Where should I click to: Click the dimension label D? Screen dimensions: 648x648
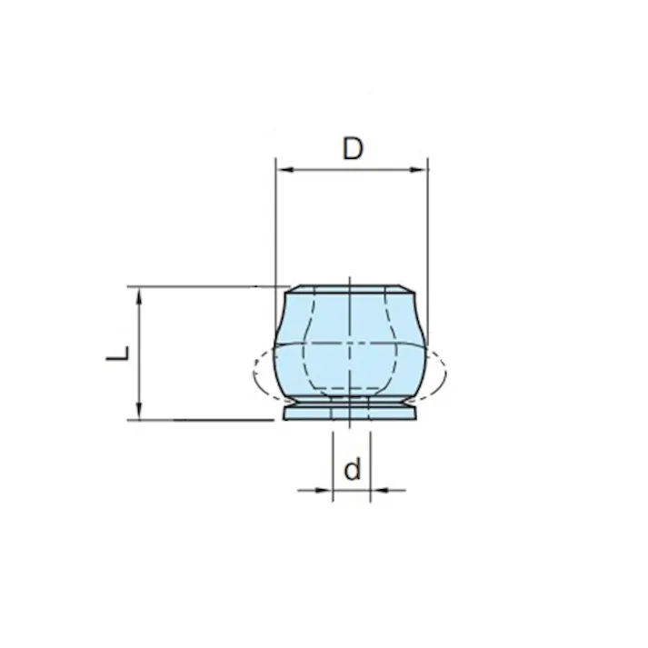click(x=353, y=149)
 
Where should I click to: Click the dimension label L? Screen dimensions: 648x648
click(x=118, y=354)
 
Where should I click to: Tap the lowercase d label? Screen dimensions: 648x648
click(x=352, y=469)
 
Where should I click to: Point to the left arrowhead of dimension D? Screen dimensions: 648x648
click(x=284, y=169)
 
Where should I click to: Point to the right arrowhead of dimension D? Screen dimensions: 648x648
click(x=418, y=169)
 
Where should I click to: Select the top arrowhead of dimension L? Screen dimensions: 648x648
click(x=139, y=296)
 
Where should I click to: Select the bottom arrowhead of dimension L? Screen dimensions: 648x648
click(x=139, y=411)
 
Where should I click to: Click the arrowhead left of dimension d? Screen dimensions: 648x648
click(x=324, y=490)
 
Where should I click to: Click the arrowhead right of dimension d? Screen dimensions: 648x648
click(x=379, y=490)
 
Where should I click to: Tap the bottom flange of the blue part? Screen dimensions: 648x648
click(x=350, y=414)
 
